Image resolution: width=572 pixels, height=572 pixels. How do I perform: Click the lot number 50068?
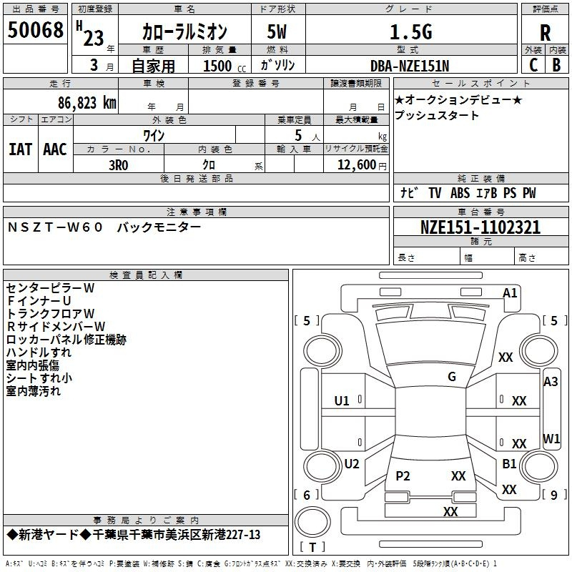tap(35, 30)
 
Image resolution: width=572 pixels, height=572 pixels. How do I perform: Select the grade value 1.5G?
tap(410, 31)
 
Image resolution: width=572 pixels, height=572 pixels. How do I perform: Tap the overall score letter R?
tap(545, 32)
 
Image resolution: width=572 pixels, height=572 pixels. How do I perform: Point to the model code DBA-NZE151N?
tap(410, 66)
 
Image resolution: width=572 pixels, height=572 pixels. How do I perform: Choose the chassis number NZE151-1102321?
tap(480, 227)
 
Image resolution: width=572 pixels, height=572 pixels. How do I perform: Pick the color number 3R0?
tap(119, 164)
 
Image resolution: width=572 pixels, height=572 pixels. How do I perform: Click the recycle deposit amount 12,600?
tap(356, 164)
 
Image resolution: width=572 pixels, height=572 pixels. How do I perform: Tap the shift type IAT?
tap(20, 149)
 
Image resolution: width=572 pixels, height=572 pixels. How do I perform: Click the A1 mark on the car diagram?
tap(510, 293)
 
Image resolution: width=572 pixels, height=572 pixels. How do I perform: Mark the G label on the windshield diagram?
tap(452, 377)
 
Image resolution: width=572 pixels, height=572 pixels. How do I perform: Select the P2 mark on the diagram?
tap(403, 476)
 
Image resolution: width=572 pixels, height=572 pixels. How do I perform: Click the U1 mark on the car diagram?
tap(342, 400)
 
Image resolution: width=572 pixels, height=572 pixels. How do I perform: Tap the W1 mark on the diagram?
tap(551, 438)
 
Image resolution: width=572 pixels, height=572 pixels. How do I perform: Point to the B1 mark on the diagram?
tap(509, 464)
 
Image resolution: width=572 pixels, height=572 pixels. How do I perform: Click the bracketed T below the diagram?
tap(312, 547)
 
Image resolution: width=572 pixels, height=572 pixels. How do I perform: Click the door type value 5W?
tap(277, 31)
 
